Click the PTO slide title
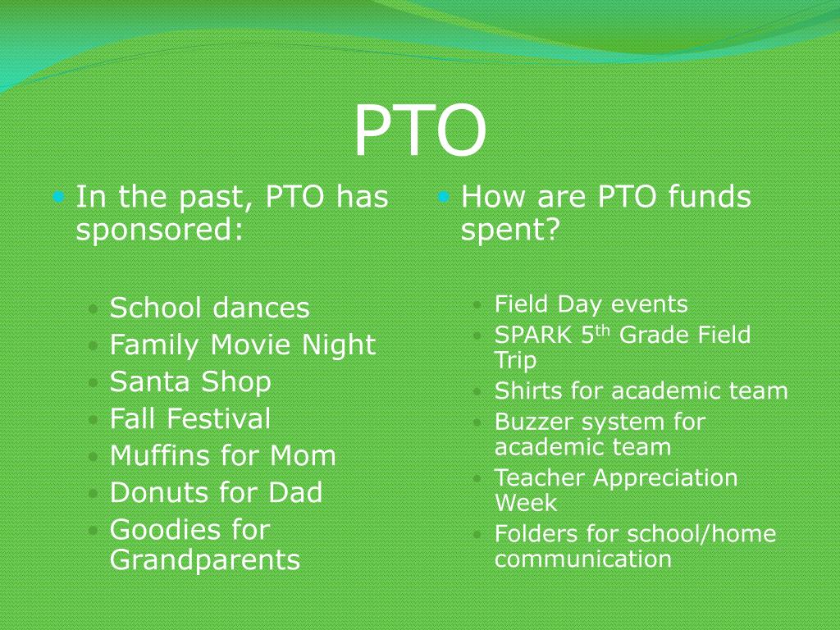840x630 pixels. (x=419, y=132)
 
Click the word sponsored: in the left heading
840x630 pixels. (x=161, y=231)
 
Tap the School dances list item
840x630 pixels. (x=210, y=308)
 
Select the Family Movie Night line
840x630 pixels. (x=243, y=345)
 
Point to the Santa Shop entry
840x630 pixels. (x=190, y=382)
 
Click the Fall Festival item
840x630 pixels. (x=190, y=419)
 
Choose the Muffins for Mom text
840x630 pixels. (x=223, y=456)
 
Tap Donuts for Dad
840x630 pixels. (x=217, y=493)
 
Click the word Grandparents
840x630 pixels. (x=205, y=561)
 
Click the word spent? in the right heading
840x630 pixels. (x=509, y=231)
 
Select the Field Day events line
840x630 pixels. (x=591, y=305)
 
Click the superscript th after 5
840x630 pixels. (x=603, y=331)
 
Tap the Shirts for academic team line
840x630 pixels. (x=641, y=391)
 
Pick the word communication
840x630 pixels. (x=582, y=560)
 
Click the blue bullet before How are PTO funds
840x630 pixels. (x=444, y=197)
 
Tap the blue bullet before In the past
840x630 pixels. (x=58, y=197)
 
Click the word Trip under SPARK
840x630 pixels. (x=515, y=361)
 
